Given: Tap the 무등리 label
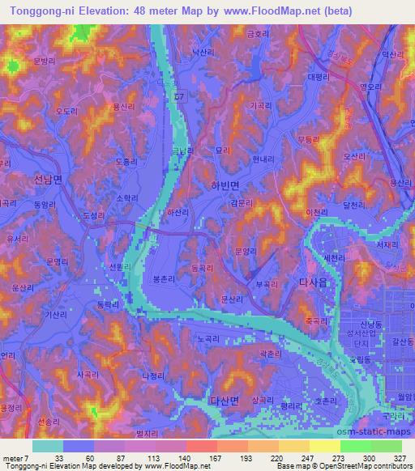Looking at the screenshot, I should click(x=310, y=140).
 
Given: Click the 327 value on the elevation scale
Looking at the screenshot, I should click(x=389, y=457).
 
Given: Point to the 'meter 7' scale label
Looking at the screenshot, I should click(x=18, y=457).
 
